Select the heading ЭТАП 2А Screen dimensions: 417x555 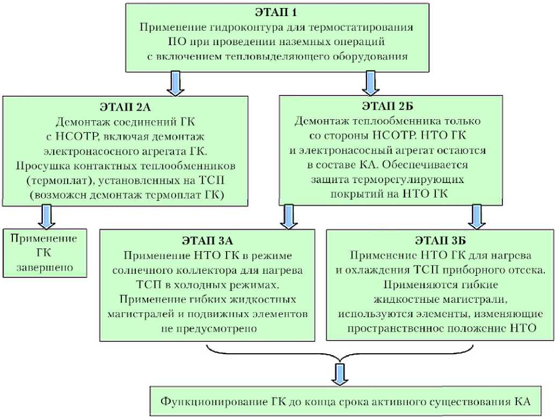(126, 104)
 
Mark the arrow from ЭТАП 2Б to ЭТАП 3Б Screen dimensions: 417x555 (475, 216)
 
